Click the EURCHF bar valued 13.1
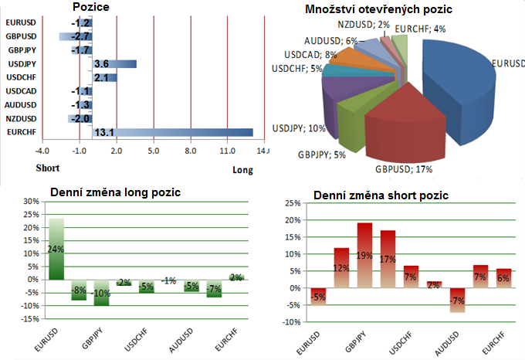click(174, 133)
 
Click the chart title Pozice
click(90, 7)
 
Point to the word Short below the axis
click(48, 168)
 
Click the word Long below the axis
click(242, 170)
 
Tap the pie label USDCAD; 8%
click(310, 55)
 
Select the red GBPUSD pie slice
click(401, 127)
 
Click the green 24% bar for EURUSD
click(56, 249)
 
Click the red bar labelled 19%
click(365, 255)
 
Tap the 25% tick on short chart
click(294, 203)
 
